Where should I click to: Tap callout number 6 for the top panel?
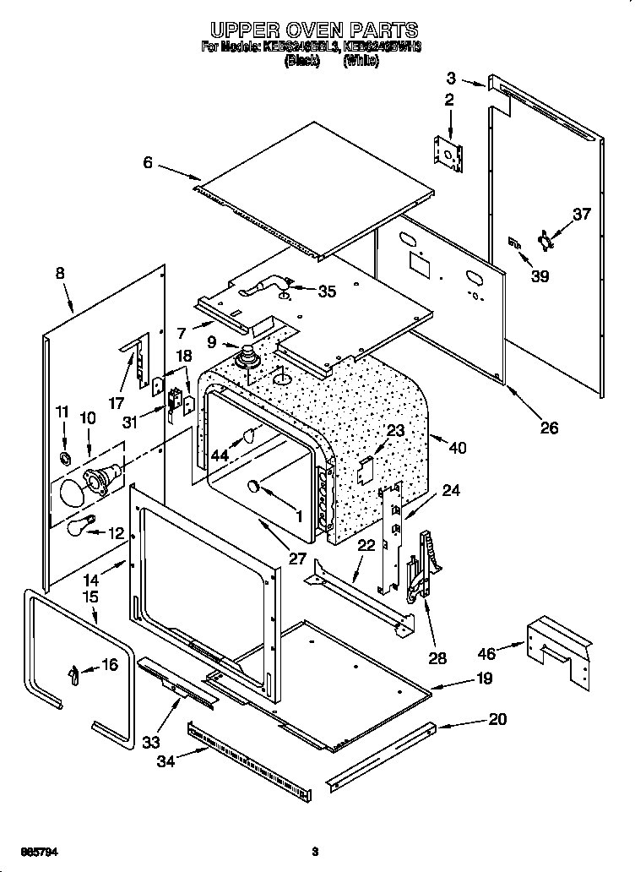pos(149,162)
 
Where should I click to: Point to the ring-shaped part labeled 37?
pos(546,241)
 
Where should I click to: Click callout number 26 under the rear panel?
pos(549,428)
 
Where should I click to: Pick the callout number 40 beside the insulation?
pos(459,448)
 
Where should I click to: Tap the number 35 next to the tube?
pos(326,292)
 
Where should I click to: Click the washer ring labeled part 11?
pos(64,458)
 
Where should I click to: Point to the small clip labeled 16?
pos(74,673)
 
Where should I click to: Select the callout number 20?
pos(497,719)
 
